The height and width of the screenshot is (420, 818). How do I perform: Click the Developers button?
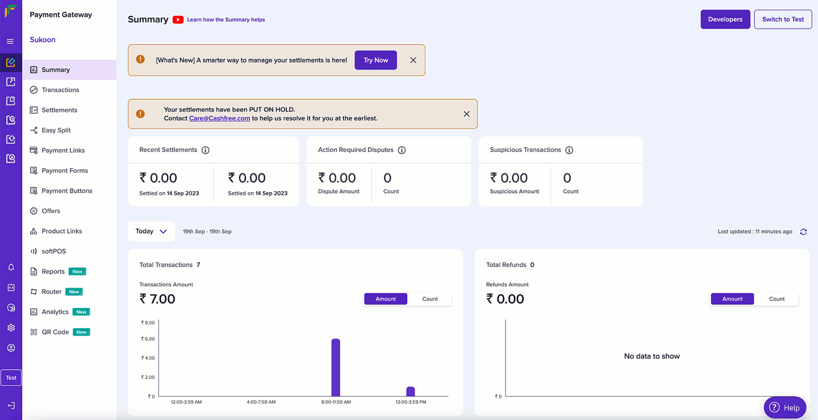[725, 19]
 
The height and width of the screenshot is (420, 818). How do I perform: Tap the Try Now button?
[375, 60]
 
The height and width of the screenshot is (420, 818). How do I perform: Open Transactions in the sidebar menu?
[60, 90]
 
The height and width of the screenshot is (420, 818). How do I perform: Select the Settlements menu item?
[59, 110]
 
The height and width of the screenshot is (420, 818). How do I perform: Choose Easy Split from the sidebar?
[56, 130]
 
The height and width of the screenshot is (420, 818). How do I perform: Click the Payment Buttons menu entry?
[66, 191]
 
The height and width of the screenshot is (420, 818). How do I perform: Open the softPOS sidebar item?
[53, 251]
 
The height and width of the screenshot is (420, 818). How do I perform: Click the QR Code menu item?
[55, 332]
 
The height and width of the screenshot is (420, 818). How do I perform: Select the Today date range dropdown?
[151, 231]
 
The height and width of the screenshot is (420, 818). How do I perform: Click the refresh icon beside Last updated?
[803, 232]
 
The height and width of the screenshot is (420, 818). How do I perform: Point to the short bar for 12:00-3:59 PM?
[410, 392]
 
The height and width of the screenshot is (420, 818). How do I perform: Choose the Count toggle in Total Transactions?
[430, 299]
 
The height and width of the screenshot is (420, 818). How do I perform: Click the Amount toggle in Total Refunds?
[732, 299]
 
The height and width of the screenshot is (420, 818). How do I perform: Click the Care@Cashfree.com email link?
[219, 118]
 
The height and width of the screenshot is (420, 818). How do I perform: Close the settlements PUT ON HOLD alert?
[466, 114]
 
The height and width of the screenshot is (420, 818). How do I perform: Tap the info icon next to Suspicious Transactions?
[569, 150]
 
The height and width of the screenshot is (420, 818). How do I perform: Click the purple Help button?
[784, 407]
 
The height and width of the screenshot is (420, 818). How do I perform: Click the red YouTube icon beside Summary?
[178, 20]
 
